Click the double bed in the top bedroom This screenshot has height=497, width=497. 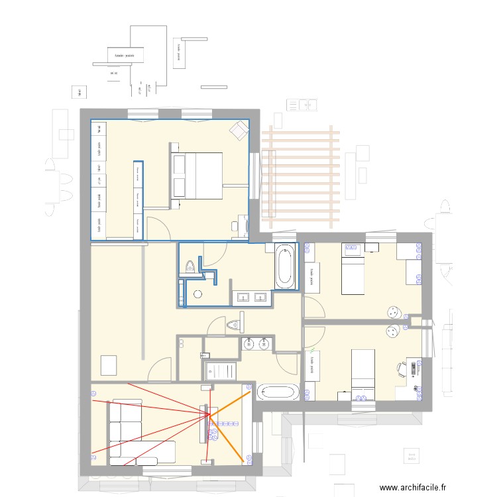197,176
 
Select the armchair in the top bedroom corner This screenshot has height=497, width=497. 237,131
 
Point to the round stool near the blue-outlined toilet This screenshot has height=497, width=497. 197,294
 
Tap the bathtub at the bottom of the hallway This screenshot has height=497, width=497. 279,392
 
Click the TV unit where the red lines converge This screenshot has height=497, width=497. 205,424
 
